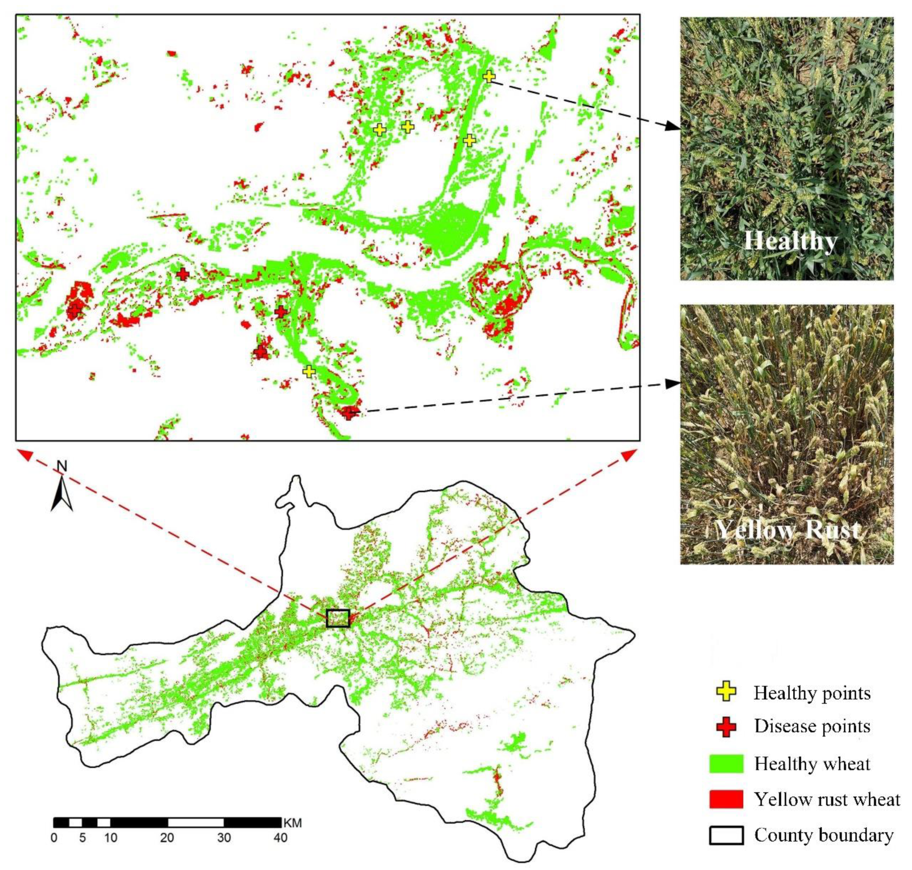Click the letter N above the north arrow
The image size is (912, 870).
pos(62,466)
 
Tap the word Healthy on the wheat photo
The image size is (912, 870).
pos(791,241)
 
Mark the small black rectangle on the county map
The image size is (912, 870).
pos(338,618)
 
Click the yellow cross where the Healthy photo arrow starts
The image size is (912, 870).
pos(488,76)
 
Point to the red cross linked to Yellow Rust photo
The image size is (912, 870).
pos(348,412)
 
